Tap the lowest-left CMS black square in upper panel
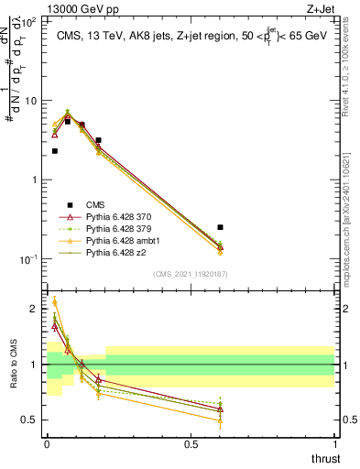click(x=55, y=151)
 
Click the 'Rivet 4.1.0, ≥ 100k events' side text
click(x=352, y=64)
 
